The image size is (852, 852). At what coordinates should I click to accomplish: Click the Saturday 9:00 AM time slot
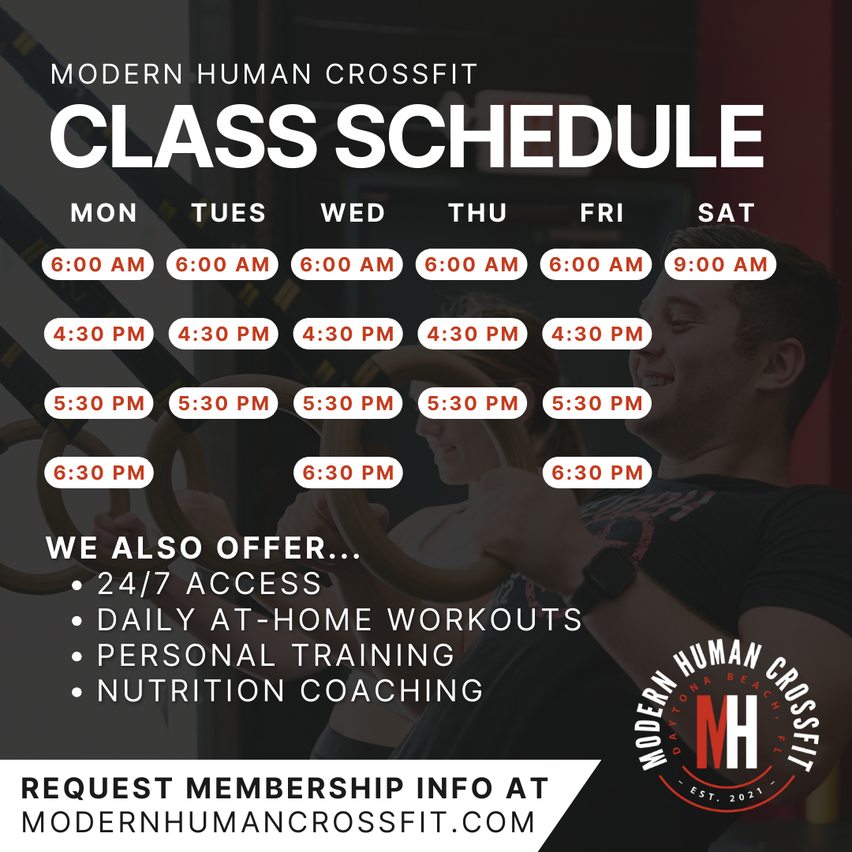pos(720,264)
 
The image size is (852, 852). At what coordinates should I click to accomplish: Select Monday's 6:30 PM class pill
pos(99,473)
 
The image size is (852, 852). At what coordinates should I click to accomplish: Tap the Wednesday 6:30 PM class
pos(348,473)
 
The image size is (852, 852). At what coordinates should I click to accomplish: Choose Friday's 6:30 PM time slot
pos(597,473)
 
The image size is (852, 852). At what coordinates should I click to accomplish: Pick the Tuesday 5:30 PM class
pos(223,403)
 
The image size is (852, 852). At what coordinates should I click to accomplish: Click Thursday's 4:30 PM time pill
pos(473,334)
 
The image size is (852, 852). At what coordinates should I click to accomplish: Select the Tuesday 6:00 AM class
pos(222,264)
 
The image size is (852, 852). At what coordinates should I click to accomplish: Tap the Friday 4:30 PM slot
pos(597,334)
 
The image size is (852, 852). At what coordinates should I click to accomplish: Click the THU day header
pos(477,213)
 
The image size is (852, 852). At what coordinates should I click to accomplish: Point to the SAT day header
pos(727,213)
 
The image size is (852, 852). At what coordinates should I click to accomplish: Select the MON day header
pos(104,213)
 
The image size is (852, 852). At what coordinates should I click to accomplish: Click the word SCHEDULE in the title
pos(549,136)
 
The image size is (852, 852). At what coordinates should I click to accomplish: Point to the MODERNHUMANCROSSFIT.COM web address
pos(278,822)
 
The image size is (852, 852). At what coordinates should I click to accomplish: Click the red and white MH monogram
pos(727,731)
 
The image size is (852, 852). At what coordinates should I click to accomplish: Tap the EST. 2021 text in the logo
pos(727,794)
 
